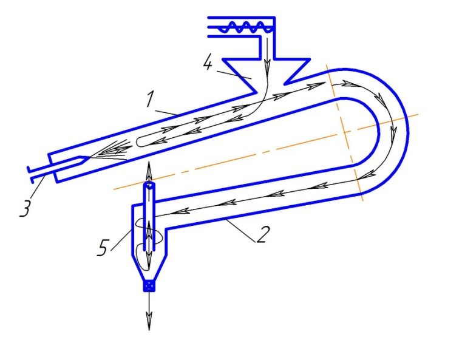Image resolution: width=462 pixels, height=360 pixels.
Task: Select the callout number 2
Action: click(x=260, y=235)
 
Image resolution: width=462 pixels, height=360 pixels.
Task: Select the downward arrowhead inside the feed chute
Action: click(x=267, y=61)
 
